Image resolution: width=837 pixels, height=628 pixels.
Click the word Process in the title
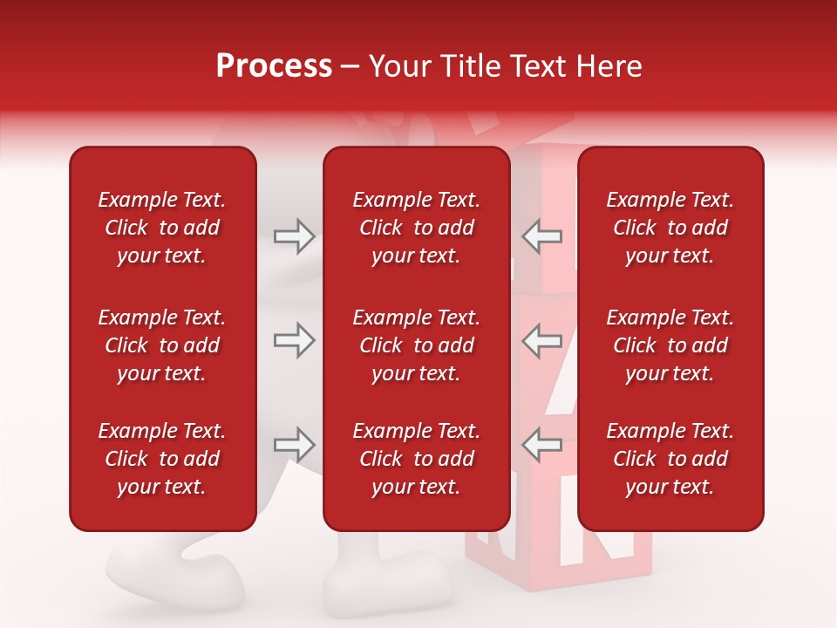tap(274, 66)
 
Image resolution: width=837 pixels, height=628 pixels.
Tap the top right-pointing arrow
tap(294, 236)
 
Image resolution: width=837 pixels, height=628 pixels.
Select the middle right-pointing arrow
tap(294, 340)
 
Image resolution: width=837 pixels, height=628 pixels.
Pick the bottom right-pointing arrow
tap(294, 445)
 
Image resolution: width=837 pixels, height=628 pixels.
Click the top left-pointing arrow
tap(541, 236)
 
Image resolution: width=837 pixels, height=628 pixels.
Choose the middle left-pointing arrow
tap(541, 340)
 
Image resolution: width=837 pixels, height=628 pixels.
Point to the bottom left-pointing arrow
tap(541, 445)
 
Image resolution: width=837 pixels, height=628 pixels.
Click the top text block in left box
tap(162, 228)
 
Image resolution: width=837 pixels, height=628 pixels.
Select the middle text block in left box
tap(162, 345)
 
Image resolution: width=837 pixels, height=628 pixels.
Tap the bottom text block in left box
tap(162, 459)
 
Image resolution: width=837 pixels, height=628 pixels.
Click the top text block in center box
tap(416, 228)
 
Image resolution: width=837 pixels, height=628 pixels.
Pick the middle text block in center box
tap(416, 345)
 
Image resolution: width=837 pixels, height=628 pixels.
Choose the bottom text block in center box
tap(416, 459)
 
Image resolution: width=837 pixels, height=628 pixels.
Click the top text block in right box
tap(670, 228)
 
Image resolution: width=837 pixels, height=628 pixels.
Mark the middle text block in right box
tap(670, 345)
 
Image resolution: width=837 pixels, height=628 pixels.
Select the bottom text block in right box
tap(670, 459)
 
